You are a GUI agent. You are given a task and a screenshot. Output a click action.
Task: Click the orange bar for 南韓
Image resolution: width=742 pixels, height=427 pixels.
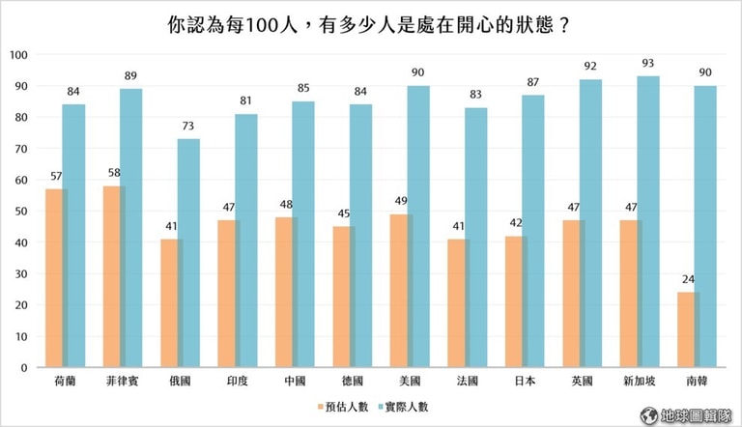(x=687, y=329)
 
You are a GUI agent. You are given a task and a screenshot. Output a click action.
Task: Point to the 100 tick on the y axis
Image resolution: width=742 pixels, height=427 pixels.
(x=18, y=54)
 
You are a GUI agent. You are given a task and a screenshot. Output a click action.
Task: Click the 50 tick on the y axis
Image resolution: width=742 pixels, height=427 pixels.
(x=21, y=211)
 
